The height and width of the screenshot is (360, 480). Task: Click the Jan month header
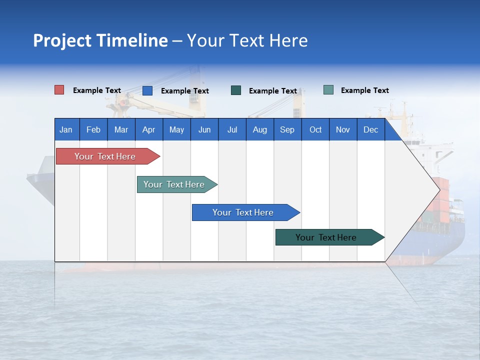[66, 129]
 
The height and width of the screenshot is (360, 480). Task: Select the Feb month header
[93, 129]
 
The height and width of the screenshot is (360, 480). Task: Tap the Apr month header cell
[149, 129]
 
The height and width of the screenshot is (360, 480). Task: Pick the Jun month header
[204, 129]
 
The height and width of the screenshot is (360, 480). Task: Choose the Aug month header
[260, 129]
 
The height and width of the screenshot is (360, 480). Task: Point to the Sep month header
[287, 129]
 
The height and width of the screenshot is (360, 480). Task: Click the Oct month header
[315, 129]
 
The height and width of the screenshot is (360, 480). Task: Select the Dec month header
[371, 129]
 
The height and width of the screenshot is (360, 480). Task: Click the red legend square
[59, 90]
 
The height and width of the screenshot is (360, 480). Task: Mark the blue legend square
[147, 90]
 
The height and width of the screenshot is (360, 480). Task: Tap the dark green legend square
[236, 90]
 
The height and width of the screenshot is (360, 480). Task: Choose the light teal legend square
[328, 90]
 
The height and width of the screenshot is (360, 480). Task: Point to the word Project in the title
[62, 40]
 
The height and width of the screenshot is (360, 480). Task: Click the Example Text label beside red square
[97, 90]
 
